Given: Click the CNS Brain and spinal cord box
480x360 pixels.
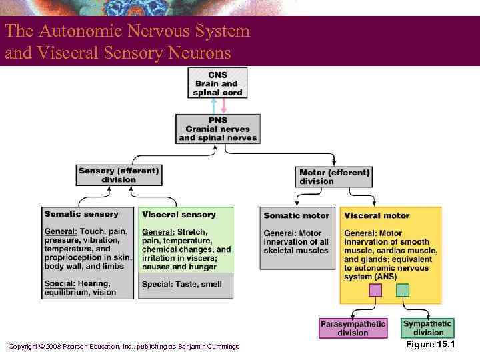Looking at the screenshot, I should (x=217, y=83).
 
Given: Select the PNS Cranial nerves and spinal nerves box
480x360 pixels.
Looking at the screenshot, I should (x=217, y=129).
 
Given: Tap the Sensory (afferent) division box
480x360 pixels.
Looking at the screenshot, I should (x=119, y=175).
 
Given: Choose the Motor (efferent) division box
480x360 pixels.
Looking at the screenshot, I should (x=335, y=177).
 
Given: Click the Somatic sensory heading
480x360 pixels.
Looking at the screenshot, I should (x=81, y=214).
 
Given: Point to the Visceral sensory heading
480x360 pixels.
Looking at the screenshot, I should (x=179, y=215).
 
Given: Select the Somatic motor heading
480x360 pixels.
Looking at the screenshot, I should (x=297, y=215).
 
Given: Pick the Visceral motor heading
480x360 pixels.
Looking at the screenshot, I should (x=377, y=215).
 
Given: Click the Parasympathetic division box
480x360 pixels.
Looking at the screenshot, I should (x=353, y=328).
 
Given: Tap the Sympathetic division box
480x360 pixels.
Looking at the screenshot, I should (x=428, y=328).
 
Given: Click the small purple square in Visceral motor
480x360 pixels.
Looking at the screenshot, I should (x=375, y=290).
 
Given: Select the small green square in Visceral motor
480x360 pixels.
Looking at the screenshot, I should (x=403, y=290).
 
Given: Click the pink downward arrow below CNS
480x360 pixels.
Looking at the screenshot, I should (x=223, y=106).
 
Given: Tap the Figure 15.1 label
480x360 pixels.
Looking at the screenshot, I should (x=430, y=345).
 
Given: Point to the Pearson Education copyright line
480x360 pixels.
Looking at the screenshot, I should (x=123, y=346).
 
